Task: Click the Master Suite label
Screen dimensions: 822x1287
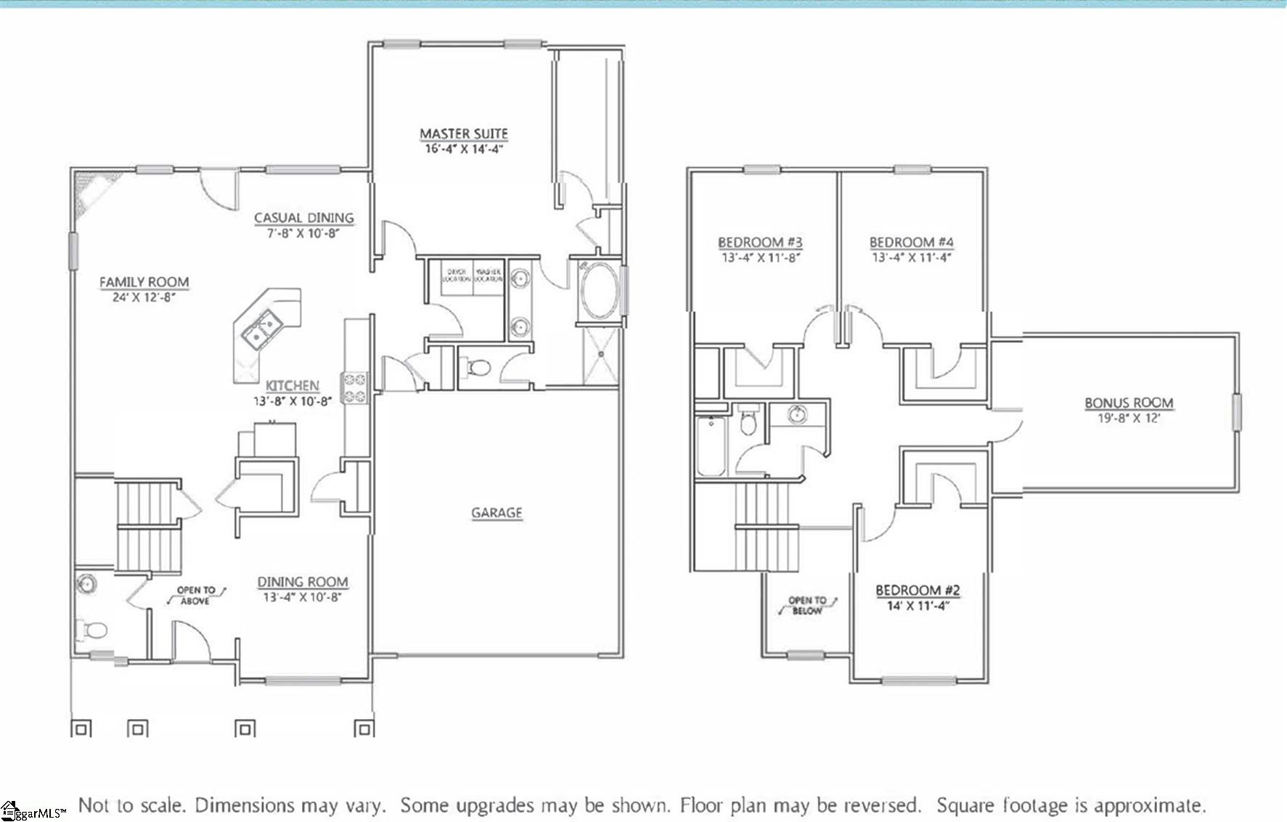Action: [x=464, y=133]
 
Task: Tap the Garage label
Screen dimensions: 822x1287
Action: [x=497, y=513]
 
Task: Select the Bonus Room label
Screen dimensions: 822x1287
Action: [x=1129, y=403]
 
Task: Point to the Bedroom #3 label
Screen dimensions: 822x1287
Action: [x=760, y=242]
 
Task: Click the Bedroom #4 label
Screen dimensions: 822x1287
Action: [x=911, y=242]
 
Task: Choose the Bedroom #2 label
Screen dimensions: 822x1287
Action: [x=918, y=591]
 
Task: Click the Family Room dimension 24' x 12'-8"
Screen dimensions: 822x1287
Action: [x=144, y=297]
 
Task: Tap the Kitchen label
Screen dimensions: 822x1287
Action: [x=292, y=386]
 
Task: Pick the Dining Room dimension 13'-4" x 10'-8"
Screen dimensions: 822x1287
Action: [x=303, y=597]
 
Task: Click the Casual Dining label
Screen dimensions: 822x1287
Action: [x=304, y=218]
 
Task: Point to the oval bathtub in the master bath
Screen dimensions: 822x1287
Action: [x=599, y=291]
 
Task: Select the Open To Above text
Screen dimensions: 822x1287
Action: [x=196, y=596]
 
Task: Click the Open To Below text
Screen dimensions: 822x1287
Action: [x=807, y=606]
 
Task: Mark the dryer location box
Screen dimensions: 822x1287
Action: [x=457, y=276]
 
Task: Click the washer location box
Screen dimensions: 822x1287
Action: [x=489, y=276]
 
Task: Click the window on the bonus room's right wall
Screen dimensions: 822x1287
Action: [x=1235, y=412]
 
